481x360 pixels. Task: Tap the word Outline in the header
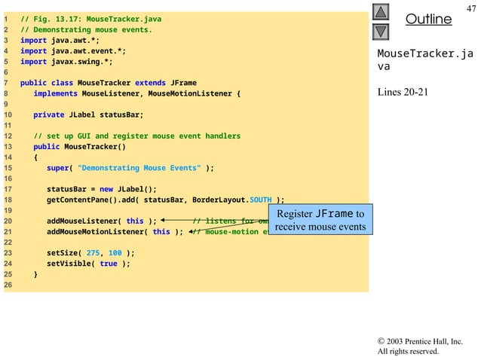[x=428, y=19]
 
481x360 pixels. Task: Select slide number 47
[x=471, y=8]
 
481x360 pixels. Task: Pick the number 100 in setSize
[x=115, y=253]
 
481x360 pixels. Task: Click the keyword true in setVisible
[x=109, y=264]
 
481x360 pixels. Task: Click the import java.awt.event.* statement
[x=73, y=51]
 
